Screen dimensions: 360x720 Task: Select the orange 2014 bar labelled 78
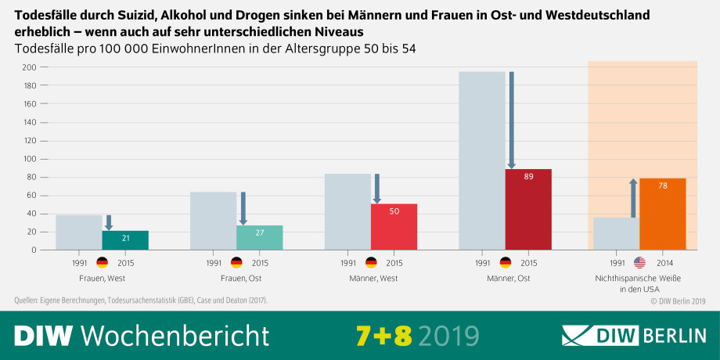tap(663, 214)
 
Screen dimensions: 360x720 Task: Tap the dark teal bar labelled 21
tap(125, 240)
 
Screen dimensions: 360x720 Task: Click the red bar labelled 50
tap(394, 227)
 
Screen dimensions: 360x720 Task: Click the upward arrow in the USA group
tap(633, 197)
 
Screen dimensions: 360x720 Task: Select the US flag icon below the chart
tap(639, 263)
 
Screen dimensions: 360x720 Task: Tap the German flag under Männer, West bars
tap(371, 263)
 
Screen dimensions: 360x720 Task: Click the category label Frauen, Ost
tap(236, 279)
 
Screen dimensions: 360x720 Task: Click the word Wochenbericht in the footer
tap(175, 335)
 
